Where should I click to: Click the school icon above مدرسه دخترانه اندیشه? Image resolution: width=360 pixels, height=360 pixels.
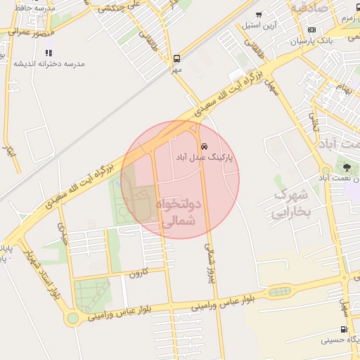(x=49, y=53)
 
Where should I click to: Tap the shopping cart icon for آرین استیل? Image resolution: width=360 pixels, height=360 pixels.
(x=259, y=15)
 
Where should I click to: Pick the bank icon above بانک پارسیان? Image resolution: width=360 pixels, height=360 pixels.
(x=311, y=30)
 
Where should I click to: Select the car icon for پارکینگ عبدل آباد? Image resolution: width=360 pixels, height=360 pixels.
(x=204, y=147)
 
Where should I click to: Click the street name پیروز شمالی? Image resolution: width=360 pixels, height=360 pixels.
(x=209, y=261)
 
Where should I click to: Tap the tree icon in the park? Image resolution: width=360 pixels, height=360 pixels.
(x=347, y=167)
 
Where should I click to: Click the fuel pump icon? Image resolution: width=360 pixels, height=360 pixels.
(x=343, y=329)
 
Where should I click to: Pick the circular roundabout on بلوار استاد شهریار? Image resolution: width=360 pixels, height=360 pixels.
(x=72, y=319)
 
